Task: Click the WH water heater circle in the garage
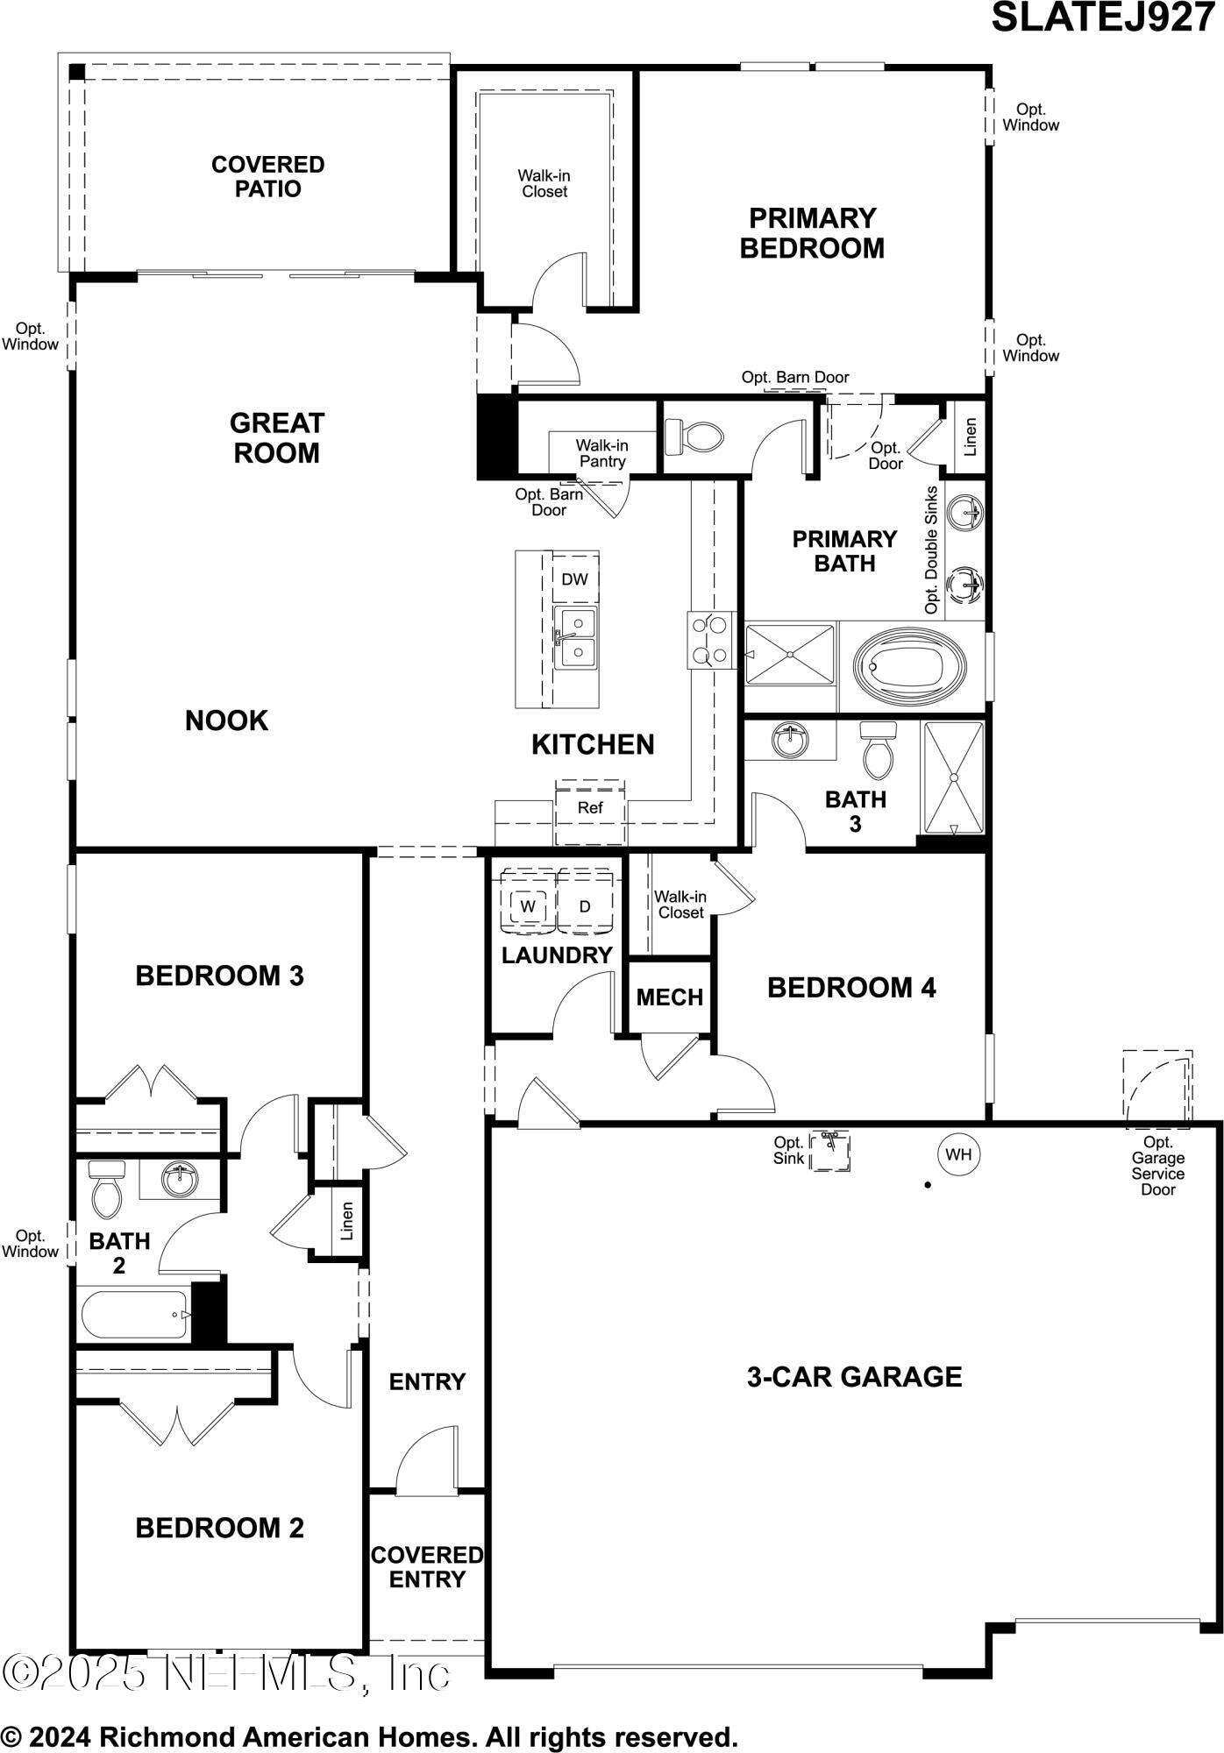(958, 1154)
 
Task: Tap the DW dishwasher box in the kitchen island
(575, 578)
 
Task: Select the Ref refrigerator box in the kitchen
(590, 808)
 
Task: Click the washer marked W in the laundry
(528, 906)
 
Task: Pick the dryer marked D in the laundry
(585, 906)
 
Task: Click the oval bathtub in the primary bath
(910, 666)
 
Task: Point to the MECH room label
(670, 997)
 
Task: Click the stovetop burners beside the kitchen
(711, 641)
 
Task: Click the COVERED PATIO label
(268, 176)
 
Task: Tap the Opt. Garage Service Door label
(1157, 1166)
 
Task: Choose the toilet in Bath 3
(877, 749)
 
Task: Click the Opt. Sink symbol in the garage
(829, 1151)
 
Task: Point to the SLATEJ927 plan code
(1103, 18)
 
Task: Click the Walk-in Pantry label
(601, 453)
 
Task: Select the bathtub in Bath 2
(135, 1315)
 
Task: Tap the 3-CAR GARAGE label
(854, 1377)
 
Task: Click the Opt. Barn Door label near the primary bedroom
(795, 377)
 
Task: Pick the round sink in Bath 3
(791, 740)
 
